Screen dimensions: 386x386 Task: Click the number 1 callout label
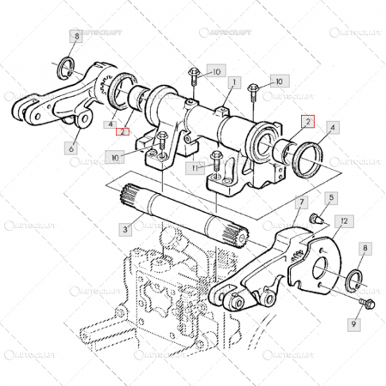pos(232,82)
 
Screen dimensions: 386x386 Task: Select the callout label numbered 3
pos(125,230)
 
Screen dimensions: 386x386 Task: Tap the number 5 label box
pos(331,198)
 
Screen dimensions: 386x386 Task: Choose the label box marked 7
pos(300,203)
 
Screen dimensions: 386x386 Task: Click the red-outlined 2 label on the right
pos(309,123)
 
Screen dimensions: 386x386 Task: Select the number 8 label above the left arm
pos(76,37)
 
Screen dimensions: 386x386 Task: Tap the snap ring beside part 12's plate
pos(354,280)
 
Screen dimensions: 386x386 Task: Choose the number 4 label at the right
pos(333,126)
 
